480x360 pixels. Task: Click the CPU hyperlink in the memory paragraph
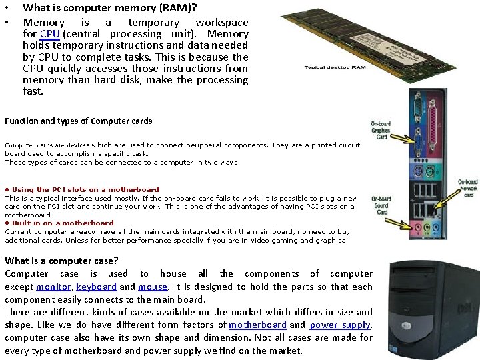pos(49,34)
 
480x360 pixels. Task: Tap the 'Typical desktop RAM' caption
pos(335,67)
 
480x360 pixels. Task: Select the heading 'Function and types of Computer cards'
pos(78,121)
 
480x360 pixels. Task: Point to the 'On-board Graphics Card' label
pos(381,129)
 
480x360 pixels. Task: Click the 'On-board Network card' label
pos(467,188)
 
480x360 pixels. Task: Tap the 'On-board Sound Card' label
pos(381,205)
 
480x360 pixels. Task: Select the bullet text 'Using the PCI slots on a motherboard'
pos(85,190)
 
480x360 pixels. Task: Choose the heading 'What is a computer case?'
pos(61,261)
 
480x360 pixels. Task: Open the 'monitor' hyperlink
pos(53,287)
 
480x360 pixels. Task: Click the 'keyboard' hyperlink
pos(97,287)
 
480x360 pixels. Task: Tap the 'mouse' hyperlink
pos(153,287)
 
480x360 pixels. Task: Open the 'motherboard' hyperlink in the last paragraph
pos(257,325)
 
